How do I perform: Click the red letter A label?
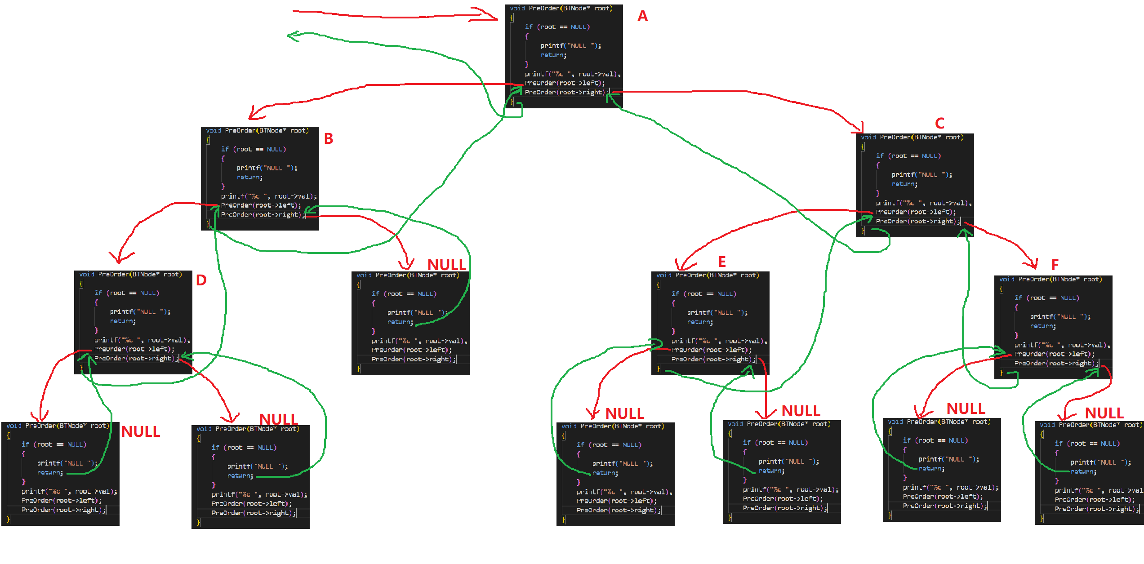[643, 16]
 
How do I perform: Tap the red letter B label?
[329, 139]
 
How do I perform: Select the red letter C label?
[939, 123]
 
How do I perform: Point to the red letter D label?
[201, 280]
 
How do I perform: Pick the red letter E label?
[722, 262]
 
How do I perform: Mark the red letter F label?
[1055, 265]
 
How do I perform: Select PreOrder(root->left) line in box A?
[565, 83]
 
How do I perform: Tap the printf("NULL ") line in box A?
[570, 46]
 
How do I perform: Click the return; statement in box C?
[904, 184]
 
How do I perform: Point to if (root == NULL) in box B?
[253, 149]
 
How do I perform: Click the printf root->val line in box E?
[719, 341]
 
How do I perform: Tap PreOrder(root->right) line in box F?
[1055, 364]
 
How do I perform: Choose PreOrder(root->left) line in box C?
[916, 212]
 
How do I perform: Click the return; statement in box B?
[249, 178]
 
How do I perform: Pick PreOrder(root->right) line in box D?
[134, 359]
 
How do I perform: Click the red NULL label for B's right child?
[446, 265]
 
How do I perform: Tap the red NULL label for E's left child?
[624, 413]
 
